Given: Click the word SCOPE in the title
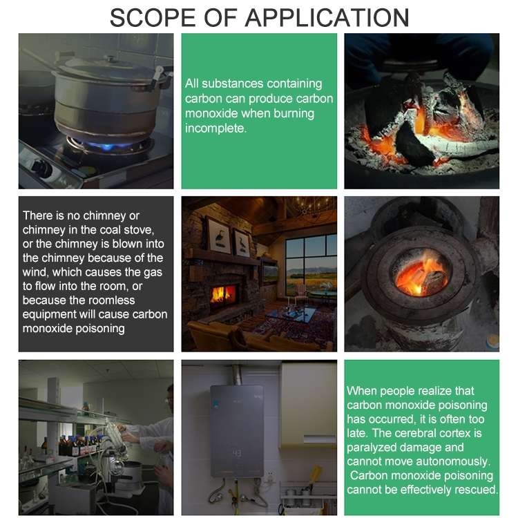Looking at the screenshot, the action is click(153, 17).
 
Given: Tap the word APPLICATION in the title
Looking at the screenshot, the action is click(327, 17).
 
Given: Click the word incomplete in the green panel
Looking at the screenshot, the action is click(215, 128).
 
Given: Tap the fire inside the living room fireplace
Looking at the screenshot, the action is click(222, 295).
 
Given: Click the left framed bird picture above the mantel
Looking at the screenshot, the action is click(219, 236).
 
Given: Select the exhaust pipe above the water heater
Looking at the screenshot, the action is click(236, 374).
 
